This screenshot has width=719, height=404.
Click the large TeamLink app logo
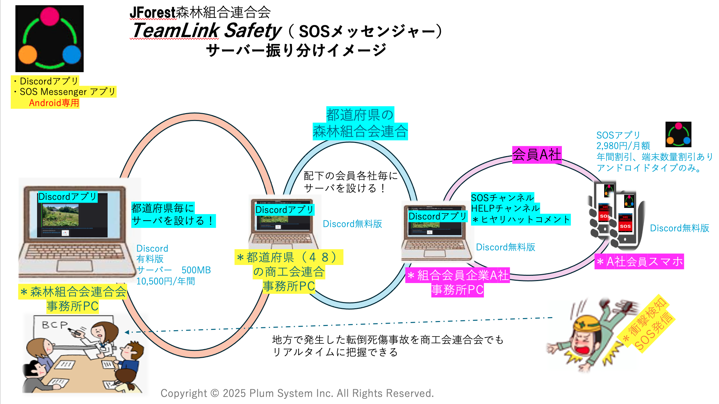(50, 39)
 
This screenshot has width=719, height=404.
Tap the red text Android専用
(54, 103)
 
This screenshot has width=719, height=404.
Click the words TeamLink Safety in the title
(206, 30)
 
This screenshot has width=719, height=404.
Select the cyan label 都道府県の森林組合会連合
(360, 124)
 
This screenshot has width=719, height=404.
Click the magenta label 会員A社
(537, 155)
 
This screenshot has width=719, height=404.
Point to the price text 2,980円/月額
(623, 146)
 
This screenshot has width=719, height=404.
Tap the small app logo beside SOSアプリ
(678, 134)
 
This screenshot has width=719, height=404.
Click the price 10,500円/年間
(166, 281)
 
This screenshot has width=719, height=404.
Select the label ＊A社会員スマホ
(639, 262)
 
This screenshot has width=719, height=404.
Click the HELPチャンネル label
(505, 208)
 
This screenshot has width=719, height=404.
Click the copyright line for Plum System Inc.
(297, 393)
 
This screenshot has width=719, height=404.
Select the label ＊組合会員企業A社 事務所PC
(458, 282)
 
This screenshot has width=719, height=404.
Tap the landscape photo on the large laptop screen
(60, 215)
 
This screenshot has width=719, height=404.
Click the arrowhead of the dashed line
(127, 332)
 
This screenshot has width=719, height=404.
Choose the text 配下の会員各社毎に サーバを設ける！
(350, 182)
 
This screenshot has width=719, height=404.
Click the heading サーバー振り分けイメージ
(296, 51)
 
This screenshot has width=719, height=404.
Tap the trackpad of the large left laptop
(72, 266)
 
